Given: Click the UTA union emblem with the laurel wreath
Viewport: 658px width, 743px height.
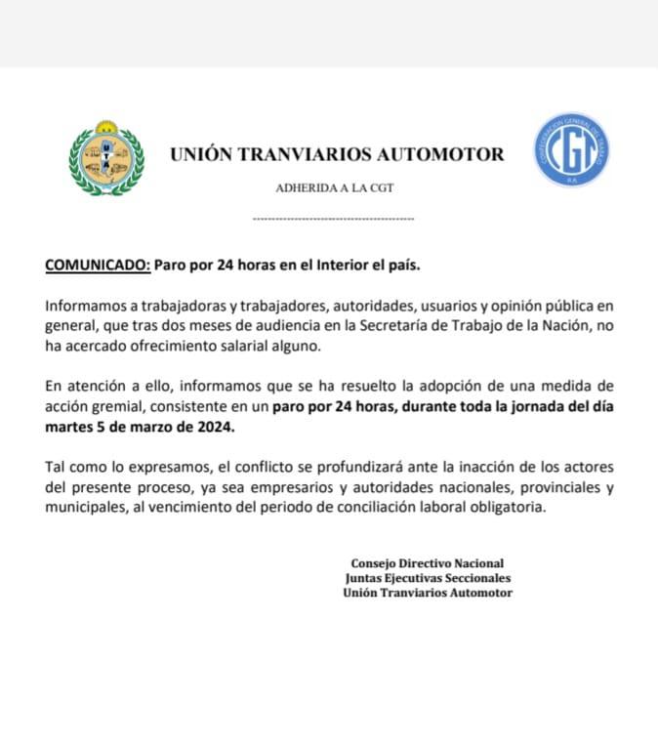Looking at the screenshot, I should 106,158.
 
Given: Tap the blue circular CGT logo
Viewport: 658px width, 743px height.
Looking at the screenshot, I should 571,149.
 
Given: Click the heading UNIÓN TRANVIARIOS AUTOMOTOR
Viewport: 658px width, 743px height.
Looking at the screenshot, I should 337,154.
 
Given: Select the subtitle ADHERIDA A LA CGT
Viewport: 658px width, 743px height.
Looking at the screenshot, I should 335,187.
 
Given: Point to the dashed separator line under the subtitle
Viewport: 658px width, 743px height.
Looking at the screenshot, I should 333,219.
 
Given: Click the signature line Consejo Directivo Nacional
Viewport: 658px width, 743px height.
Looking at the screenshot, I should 427,563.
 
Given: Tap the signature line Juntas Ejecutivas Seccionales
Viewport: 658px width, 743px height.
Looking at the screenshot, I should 428,578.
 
